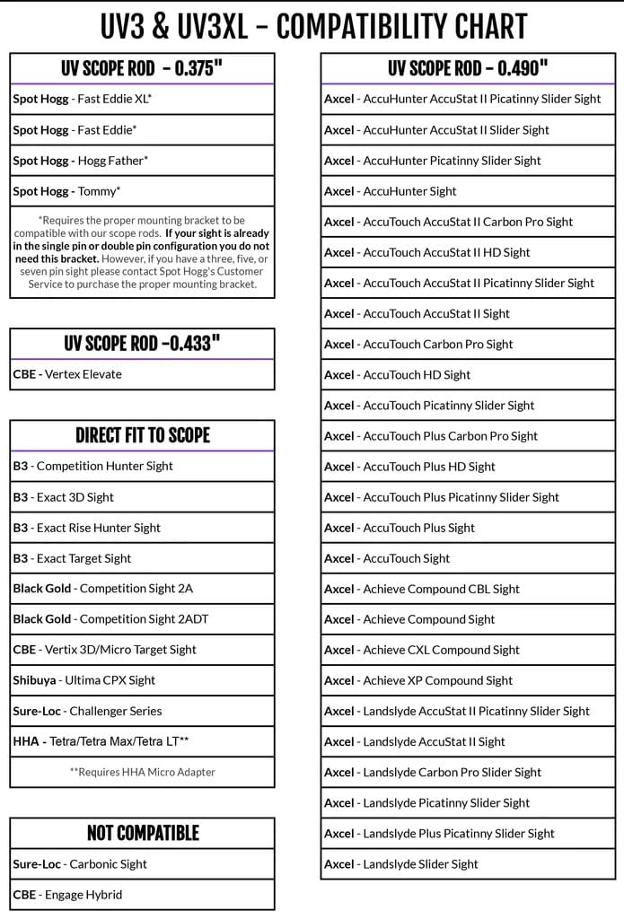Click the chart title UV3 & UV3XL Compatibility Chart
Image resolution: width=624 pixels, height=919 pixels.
tap(312, 26)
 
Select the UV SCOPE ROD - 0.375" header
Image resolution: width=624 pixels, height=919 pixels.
tap(142, 69)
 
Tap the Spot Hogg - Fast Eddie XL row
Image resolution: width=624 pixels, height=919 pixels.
tap(83, 100)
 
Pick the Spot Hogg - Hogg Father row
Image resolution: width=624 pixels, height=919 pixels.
tap(81, 161)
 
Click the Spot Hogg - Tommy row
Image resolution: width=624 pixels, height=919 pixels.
tap(67, 191)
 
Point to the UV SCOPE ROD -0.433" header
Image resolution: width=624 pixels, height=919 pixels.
tap(142, 344)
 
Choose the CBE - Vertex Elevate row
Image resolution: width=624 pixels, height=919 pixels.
tap(67, 374)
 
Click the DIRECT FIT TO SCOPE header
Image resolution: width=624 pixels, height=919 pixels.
tap(142, 435)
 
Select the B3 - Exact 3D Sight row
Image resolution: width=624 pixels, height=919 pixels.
tap(64, 497)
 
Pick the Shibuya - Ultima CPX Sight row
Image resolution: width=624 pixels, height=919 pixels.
tap(84, 680)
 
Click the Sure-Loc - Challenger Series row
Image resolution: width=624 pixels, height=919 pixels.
tap(88, 711)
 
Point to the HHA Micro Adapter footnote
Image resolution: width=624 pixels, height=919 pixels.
tap(142, 772)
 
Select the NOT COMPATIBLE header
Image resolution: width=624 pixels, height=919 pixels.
tap(142, 833)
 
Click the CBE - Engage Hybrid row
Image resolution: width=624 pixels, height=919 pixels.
tap(67, 895)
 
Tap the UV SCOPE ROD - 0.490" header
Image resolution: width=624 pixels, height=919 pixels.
tap(468, 69)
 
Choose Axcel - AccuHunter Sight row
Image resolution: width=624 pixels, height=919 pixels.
tap(391, 191)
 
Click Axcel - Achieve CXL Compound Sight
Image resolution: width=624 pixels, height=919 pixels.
tap(422, 650)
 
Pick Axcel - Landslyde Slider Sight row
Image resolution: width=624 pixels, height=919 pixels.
tap(401, 864)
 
